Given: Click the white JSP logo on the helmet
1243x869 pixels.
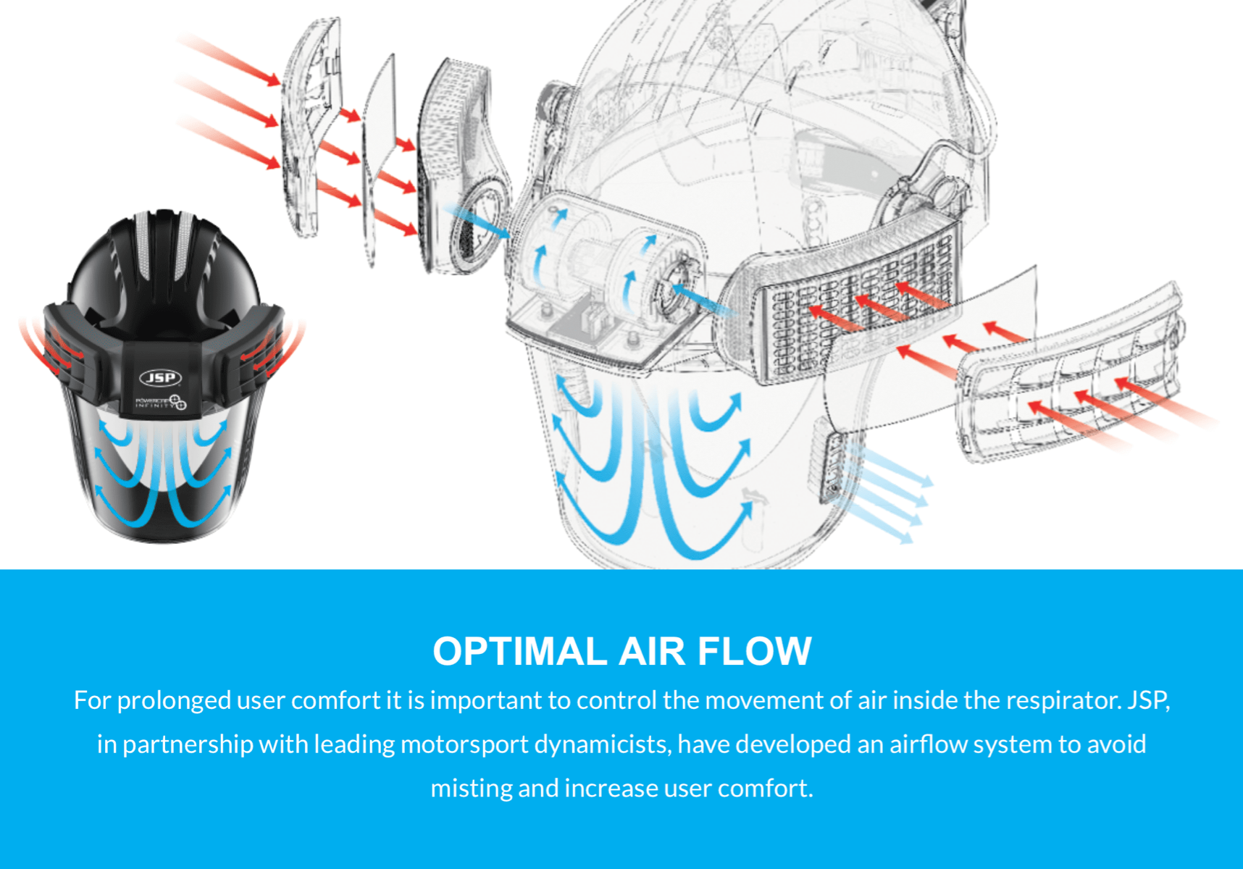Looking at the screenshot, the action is click(x=160, y=377).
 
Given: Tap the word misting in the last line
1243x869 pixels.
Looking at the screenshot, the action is click(x=471, y=788).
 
